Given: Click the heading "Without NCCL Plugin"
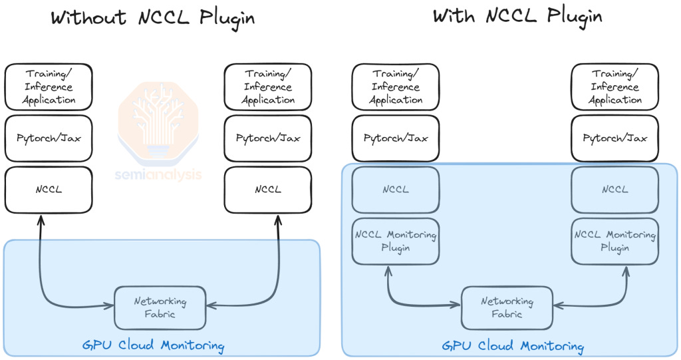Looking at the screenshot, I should [x=152, y=17].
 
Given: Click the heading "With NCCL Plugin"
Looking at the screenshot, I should [x=517, y=15].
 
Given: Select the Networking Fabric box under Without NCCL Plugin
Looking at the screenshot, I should [x=160, y=307].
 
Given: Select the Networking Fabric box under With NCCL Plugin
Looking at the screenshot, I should [x=507, y=307].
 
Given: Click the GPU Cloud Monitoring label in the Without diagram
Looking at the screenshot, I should [x=153, y=345].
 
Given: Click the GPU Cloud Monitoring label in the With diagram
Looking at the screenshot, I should [x=513, y=346].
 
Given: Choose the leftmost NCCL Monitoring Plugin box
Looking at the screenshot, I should [x=396, y=241].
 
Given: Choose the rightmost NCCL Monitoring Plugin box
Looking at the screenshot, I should [x=615, y=241].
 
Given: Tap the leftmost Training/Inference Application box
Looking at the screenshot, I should [x=49, y=87].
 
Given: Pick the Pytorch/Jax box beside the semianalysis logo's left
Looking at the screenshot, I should [x=49, y=138].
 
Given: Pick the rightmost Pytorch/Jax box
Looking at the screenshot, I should [x=615, y=138].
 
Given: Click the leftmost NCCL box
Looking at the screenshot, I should [x=49, y=190].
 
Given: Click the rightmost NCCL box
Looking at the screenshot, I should [x=615, y=190].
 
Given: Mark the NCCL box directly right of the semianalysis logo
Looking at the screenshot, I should [x=268, y=190].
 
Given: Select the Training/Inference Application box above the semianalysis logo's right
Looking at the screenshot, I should [x=268, y=87].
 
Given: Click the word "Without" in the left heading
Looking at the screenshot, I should [x=88, y=17].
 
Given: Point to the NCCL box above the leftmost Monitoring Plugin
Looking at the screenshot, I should [x=396, y=190].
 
